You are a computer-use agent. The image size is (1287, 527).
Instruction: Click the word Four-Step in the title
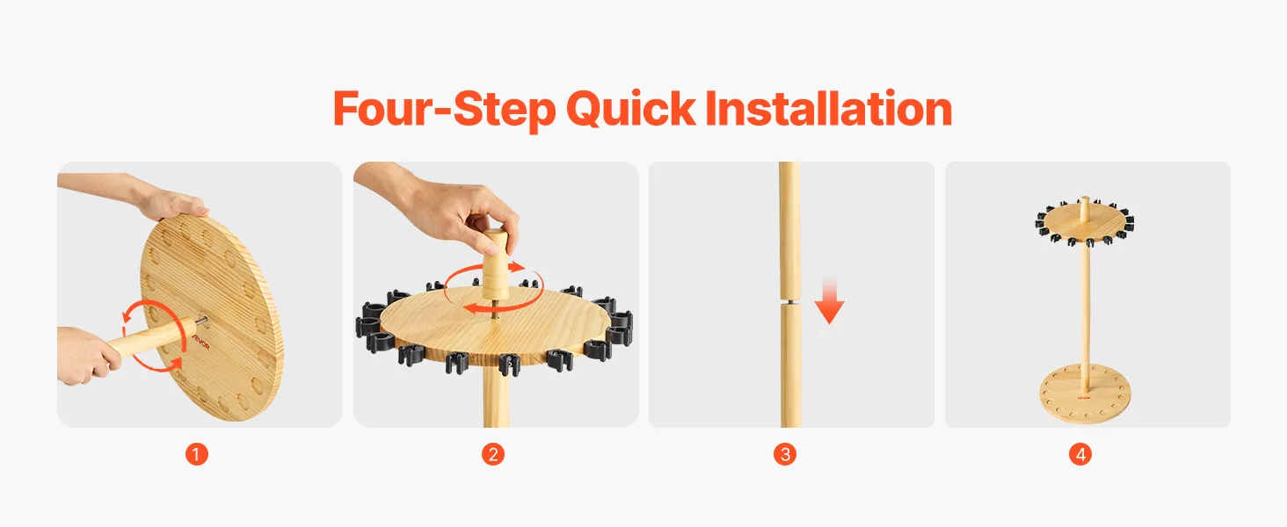[444, 109]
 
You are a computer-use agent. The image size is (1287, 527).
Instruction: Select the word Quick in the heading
[631, 109]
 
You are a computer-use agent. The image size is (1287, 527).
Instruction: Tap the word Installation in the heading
[829, 108]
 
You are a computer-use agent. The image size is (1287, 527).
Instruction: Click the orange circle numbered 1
[197, 455]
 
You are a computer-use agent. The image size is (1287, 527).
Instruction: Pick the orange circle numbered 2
[493, 455]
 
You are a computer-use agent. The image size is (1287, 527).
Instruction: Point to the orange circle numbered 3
[785, 455]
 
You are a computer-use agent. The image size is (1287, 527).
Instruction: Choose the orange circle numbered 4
[1080, 455]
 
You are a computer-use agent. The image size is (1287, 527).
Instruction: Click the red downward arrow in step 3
[829, 300]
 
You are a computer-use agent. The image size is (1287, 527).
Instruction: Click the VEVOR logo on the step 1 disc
[202, 339]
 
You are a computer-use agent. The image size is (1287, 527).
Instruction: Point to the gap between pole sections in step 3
[790, 300]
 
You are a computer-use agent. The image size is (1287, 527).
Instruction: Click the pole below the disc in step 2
[496, 396]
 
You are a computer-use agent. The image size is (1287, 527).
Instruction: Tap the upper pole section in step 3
[790, 229]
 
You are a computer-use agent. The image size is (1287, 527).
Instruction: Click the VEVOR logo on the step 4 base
[1084, 397]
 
